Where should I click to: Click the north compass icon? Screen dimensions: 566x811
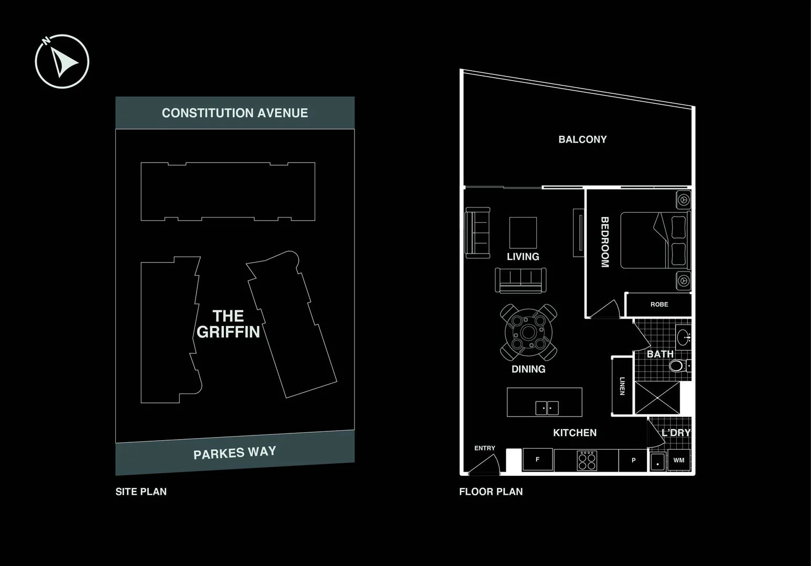point(62,61)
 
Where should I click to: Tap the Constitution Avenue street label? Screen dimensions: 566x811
point(235,113)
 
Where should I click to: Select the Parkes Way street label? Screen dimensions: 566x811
point(235,453)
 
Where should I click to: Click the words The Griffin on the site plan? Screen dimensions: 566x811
point(229,324)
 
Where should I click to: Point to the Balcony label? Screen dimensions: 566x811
point(582,139)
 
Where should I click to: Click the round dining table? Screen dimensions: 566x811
point(528,332)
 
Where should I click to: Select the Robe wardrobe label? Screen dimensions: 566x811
point(659,304)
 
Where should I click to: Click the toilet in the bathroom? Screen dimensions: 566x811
point(678,365)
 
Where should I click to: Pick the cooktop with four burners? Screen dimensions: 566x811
point(587,461)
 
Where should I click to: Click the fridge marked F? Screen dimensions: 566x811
point(537,460)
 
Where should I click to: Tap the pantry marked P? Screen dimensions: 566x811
point(633,460)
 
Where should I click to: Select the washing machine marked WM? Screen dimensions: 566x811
point(679,460)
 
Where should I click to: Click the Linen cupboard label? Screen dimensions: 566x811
point(622,386)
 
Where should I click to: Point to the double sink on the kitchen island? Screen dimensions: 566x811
point(547,408)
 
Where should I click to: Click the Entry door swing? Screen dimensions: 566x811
point(484,463)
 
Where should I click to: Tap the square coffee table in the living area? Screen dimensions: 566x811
point(523,233)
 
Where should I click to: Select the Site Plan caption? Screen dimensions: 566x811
point(141,492)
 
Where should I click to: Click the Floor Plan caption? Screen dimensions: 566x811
point(491,492)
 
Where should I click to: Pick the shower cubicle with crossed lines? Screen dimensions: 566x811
point(657,398)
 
